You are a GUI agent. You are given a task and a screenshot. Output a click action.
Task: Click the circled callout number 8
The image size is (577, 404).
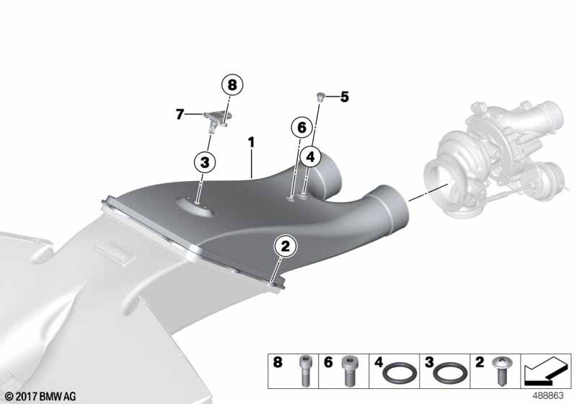(x=232, y=85)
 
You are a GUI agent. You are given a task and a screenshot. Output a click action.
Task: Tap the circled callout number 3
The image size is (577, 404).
(x=205, y=162)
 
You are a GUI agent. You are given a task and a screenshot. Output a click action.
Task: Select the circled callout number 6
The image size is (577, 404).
(x=301, y=128)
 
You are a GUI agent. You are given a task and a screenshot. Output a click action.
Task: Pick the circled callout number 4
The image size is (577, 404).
(x=311, y=157)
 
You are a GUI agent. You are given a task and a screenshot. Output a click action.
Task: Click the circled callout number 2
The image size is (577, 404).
(x=286, y=246)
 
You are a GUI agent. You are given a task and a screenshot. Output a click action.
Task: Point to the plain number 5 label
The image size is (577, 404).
(x=345, y=97)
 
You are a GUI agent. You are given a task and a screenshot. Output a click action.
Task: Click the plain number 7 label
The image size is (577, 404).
(x=180, y=115)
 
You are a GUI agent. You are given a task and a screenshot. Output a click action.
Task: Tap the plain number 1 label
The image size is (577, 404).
(x=251, y=142)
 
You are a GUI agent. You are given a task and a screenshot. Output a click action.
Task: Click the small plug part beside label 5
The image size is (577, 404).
(x=320, y=97)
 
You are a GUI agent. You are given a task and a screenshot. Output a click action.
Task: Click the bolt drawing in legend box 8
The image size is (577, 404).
(x=304, y=371)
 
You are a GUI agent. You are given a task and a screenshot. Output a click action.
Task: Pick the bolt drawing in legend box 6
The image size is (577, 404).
(x=348, y=371)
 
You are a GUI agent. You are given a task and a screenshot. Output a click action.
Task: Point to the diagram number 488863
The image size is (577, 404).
(x=548, y=396)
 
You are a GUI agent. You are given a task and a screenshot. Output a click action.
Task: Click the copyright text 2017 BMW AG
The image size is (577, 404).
(x=40, y=397)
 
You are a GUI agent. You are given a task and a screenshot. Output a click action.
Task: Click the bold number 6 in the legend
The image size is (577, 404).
(x=328, y=362)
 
